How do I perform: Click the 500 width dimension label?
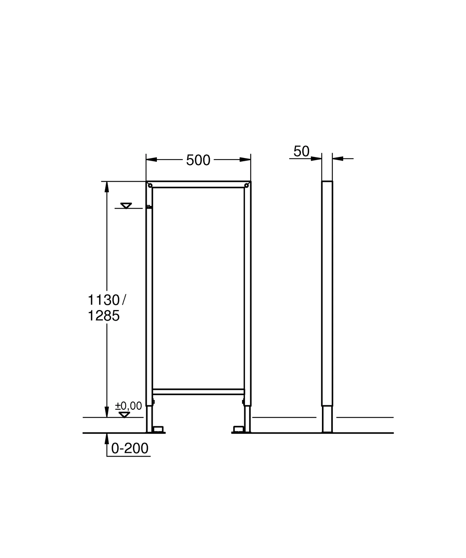(x=198, y=160)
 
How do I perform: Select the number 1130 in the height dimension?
(x=104, y=300)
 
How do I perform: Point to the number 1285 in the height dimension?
(x=104, y=316)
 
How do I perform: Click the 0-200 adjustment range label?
(x=130, y=448)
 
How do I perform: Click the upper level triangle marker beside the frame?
(x=126, y=206)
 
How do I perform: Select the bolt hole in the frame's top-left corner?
(x=150, y=186)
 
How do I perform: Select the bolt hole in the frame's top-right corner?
(x=246, y=186)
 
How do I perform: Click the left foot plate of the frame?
(x=159, y=430)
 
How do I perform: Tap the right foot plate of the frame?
(x=238, y=430)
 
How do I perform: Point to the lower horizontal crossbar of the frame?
(x=198, y=392)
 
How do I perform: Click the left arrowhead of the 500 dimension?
(x=151, y=159)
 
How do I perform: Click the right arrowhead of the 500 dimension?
(x=245, y=159)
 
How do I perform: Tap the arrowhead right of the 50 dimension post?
(x=338, y=158)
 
